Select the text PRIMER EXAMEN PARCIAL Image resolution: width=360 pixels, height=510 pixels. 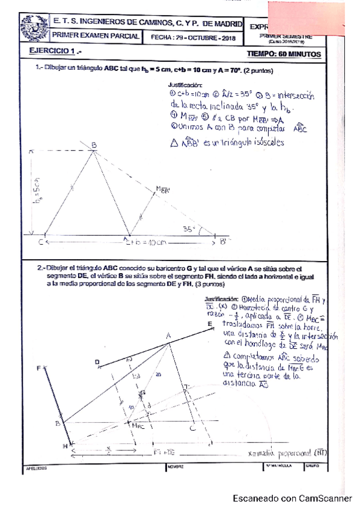(97, 37)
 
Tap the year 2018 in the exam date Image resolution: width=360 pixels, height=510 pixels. (227, 37)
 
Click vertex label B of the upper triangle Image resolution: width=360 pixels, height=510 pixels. (94, 144)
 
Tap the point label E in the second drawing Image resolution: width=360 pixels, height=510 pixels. (210, 324)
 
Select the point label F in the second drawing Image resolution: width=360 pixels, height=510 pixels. (39, 368)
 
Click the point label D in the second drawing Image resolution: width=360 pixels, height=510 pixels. (97, 361)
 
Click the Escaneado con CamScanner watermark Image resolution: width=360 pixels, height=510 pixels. (292, 498)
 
